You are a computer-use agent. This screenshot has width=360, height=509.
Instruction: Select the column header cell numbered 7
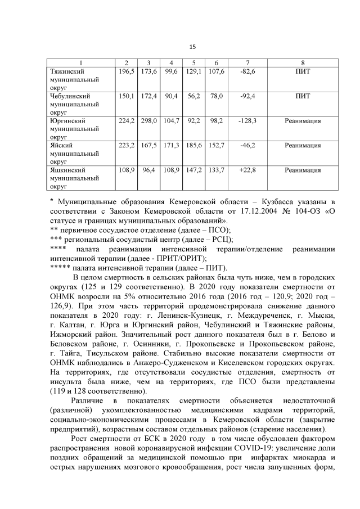point(247,62)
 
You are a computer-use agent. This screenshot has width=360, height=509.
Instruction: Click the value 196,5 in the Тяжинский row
point(125,72)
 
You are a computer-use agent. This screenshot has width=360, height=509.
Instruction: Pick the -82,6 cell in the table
point(247,72)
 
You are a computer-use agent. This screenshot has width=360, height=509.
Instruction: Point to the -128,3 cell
point(247,120)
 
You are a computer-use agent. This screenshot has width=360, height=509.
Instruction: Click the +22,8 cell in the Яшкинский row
point(247,169)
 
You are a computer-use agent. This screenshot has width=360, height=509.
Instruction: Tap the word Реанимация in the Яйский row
point(303,145)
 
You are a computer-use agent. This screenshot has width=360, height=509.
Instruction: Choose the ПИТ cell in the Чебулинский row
point(303,96)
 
